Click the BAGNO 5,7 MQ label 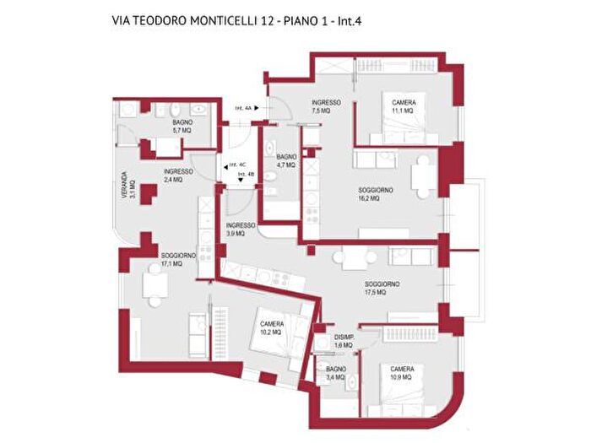pos(182,127)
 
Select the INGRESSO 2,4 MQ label pos(177,175)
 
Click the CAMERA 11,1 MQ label pos(402,106)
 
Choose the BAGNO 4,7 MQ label pos(285,160)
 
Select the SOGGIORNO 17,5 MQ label pos(382,288)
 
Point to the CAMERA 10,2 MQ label pos(272,327)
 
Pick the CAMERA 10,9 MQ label pos(401,373)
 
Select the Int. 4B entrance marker pos(247,175)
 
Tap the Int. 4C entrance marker pos(236,165)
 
